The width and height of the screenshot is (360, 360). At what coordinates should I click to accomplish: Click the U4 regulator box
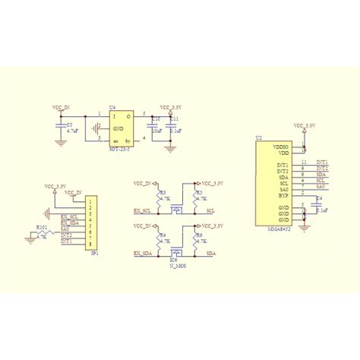[x=122, y=128]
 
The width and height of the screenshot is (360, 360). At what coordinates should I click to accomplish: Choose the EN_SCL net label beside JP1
[x=70, y=216]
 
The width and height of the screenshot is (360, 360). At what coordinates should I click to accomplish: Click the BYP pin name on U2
[x=283, y=194]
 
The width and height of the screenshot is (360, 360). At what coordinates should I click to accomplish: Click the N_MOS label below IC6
[x=178, y=265]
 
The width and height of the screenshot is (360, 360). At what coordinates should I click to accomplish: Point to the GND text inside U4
[x=120, y=128]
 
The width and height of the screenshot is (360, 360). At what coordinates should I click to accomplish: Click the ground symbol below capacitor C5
[x=60, y=141]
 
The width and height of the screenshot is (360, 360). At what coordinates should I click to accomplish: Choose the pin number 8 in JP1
[x=90, y=243]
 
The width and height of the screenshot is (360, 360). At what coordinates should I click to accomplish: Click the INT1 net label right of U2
[x=321, y=162]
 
